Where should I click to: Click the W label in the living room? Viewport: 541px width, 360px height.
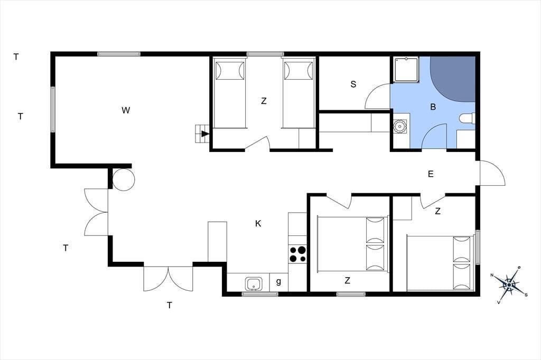126,110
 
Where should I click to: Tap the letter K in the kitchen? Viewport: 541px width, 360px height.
258,224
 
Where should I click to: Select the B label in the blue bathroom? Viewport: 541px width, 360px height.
433,107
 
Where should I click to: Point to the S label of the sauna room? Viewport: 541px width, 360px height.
353,84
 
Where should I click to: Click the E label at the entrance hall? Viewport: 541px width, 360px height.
431,174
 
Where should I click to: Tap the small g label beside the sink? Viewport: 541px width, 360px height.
278,282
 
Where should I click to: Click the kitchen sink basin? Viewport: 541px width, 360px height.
254,284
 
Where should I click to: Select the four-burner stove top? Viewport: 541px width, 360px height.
297,254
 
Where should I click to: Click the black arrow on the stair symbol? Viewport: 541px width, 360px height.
206,134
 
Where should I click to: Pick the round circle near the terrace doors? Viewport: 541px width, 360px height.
124,179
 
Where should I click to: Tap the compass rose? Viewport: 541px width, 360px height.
509,285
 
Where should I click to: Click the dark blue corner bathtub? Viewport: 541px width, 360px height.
453,79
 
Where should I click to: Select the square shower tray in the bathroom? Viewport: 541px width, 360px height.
406,70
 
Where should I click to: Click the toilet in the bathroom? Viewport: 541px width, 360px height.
468,118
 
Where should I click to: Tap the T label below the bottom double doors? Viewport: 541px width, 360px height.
170,305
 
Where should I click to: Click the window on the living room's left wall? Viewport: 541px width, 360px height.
53,109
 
